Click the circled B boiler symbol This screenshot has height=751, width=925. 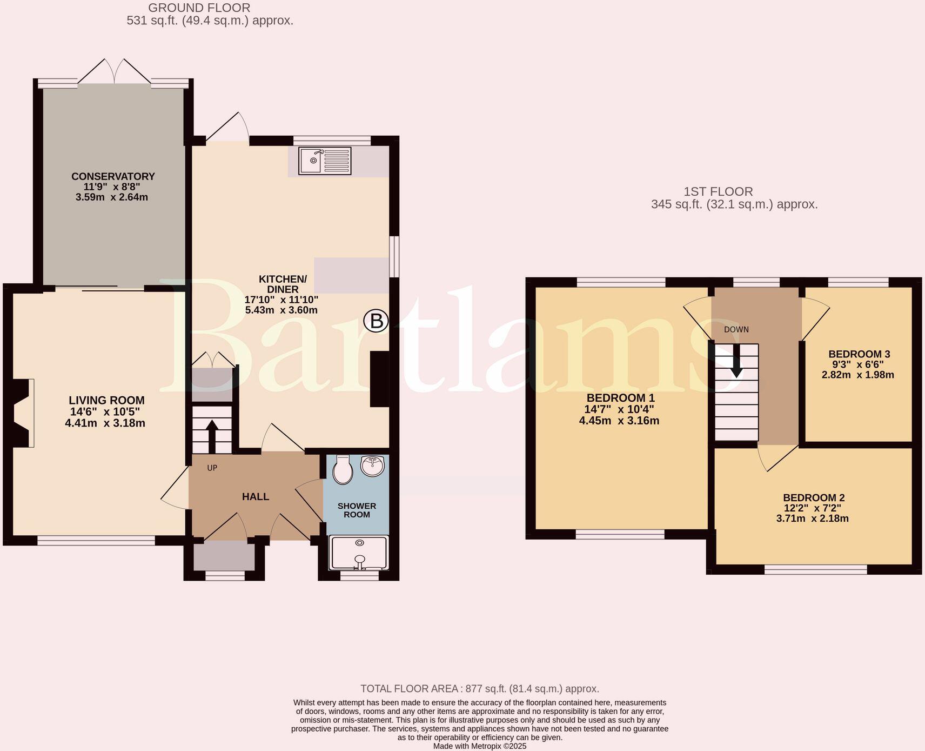coord(376,321)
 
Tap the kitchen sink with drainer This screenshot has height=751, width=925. coord(325,161)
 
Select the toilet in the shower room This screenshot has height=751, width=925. coord(343,469)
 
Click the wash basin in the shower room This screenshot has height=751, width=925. coord(372,466)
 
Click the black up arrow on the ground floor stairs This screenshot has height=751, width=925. coord(212,435)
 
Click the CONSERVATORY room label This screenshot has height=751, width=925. coord(113,176)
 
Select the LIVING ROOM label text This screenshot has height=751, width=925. coord(106,400)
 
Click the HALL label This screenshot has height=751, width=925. coord(255,496)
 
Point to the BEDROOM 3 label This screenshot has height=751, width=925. coord(859,354)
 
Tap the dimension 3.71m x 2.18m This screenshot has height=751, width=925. coord(812,519)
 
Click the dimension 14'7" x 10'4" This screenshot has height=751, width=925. coord(620,409)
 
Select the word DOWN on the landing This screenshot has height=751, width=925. coord(736,329)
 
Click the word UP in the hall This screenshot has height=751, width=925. coord(212,468)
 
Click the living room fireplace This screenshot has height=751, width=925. coord(21,413)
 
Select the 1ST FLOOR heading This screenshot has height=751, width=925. coord(718,191)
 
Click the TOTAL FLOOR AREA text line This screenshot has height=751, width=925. coord(479,689)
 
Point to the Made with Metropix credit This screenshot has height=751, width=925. coord(479,746)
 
